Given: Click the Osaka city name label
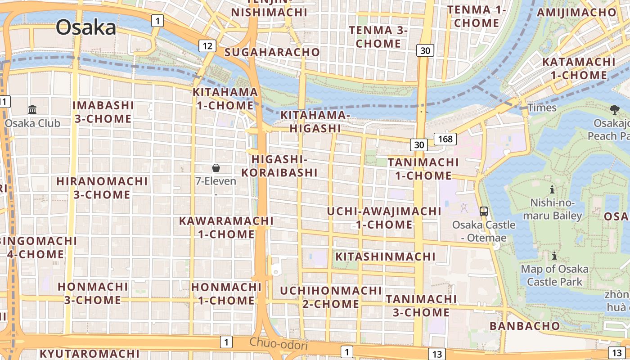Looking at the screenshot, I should [x=85, y=28].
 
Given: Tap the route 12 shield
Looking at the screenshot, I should [x=207, y=45].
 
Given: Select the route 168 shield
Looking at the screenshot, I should [x=445, y=139].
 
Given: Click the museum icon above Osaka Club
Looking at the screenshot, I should [x=32, y=109].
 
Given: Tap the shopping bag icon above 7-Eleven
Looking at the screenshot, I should [x=216, y=168].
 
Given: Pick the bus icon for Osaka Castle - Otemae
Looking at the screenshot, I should [x=484, y=211].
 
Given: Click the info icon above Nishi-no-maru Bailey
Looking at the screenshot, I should [x=552, y=189].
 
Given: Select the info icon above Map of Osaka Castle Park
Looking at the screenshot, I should [x=554, y=256].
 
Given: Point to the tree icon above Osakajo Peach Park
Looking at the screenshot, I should [x=614, y=109].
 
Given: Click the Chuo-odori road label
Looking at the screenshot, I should [x=279, y=344].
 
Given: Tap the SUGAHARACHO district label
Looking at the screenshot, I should [x=272, y=52].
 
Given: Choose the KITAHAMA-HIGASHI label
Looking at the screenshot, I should [x=315, y=121].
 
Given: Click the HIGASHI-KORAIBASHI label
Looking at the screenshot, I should [x=279, y=166].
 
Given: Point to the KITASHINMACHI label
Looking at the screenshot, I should [x=386, y=256].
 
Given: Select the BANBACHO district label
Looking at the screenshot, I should [x=525, y=326].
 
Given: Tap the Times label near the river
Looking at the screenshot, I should [x=542, y=108].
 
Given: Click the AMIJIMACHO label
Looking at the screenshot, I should [x=576, y=12].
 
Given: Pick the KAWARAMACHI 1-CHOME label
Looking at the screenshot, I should [x=226, y=227].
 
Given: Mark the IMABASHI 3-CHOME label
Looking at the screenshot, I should [x=103, y=112].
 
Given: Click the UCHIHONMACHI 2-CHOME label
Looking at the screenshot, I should [x=331, y=297].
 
